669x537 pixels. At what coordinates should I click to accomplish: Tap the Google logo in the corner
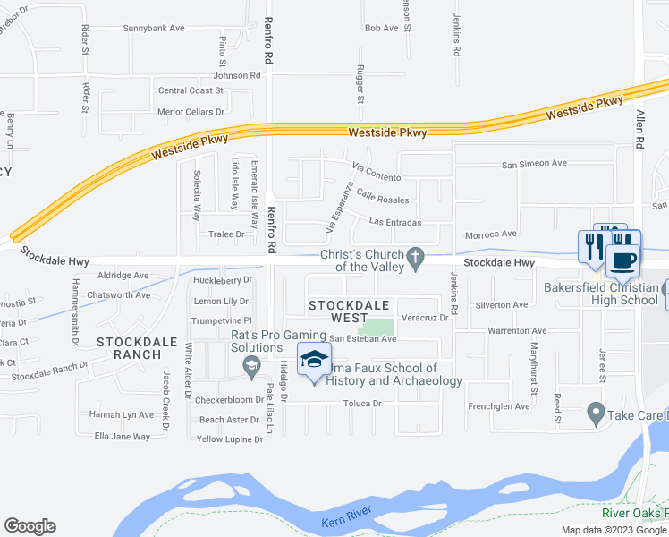point(30,526)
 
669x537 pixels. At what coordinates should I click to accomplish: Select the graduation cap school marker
point(314,360)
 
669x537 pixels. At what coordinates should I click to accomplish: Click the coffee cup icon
point(622,260)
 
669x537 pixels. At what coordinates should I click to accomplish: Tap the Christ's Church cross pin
point(414,258)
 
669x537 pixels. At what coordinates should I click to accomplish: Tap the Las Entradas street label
point(394,222)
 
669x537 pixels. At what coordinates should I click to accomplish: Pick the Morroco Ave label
point(491,234)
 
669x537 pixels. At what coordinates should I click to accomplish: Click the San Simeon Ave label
point(534,164)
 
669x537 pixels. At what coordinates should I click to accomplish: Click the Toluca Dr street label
point(364,404)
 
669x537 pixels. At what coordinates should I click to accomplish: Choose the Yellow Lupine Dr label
point(230,439)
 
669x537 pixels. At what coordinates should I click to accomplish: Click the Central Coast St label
point(190,90)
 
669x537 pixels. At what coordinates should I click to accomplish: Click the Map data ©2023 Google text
point(614,530)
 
